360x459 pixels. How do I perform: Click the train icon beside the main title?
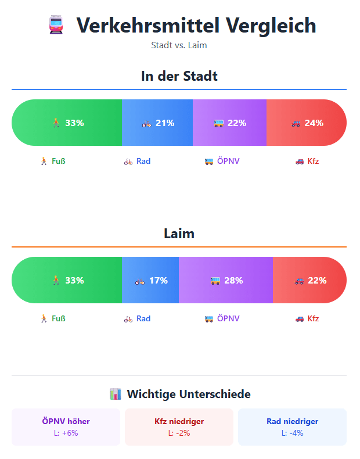click(56, 25)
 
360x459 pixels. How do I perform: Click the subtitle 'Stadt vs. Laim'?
click(179, 45)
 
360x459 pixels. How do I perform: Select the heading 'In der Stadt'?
click(179, 76)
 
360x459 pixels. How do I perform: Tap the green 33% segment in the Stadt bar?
click(67, 123)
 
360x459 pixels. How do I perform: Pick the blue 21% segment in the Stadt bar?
click(157, 123)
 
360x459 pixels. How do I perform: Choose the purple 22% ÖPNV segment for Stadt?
click(229, 123)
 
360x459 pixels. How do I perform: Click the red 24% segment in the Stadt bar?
click(307, 123)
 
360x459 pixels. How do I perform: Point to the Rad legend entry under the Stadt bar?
click(138, 161)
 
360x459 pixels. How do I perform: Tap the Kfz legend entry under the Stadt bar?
click(307, 161)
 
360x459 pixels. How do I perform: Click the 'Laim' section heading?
click(179, 234)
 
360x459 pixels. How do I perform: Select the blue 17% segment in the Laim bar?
click(150, 280)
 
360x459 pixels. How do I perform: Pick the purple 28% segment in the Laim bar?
click(226, 280)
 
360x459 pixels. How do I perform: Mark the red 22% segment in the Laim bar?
click(309, 280)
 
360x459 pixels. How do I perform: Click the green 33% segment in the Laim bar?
click(67, 280)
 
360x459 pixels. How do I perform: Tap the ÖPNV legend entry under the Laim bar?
click(222, 318)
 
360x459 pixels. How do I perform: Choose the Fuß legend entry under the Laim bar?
click(52, 318)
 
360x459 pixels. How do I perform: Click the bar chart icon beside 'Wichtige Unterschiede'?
click(115, 395)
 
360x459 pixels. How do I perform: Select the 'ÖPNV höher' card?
click(66, 426)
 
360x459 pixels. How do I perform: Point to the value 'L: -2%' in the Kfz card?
click(179, 433)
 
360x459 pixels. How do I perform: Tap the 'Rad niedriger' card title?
click(292, 421)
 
